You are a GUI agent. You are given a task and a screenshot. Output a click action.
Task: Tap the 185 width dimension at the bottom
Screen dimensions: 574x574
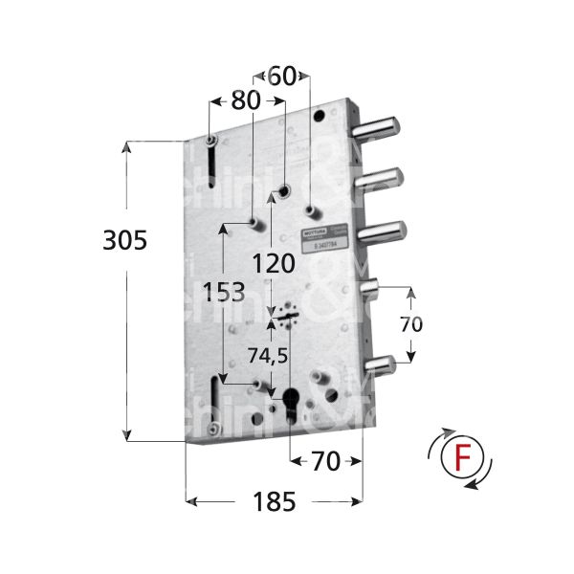[274, 500]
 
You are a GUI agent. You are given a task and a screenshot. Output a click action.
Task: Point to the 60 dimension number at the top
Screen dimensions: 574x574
[282, 77]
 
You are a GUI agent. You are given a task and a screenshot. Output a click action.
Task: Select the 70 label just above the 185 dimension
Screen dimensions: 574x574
[325, 462]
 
